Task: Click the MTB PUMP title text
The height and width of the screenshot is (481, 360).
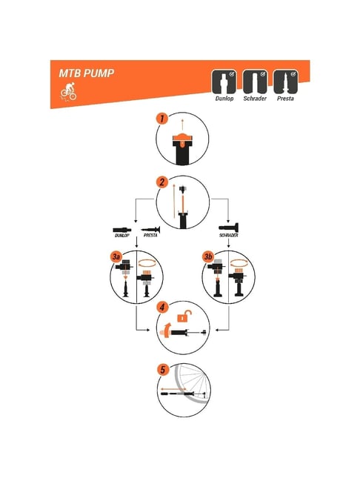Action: point(87,73)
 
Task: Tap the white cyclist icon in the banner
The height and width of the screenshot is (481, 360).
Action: point(68,91)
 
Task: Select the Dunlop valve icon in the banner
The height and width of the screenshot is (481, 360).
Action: point(224,82)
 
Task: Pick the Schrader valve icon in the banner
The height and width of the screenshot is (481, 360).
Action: point(255,82)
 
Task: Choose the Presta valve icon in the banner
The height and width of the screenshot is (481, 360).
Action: point(285,82)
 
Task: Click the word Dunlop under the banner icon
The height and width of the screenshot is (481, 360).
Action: point(224,99)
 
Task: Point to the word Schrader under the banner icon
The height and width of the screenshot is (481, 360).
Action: point(255,99)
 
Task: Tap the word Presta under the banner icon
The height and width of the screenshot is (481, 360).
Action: point(285,99)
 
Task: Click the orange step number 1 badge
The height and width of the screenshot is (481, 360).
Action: point(162,119)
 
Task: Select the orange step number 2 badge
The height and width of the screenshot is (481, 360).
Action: point(162,182)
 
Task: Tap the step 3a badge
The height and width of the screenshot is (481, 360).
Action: point(116,256)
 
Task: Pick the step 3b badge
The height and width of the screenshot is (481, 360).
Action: point(208,256)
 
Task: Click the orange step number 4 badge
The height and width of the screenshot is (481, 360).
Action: point(162,307)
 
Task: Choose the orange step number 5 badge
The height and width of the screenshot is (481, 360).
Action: point(162,370)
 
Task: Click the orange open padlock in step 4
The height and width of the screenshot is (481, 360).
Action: point(184,316)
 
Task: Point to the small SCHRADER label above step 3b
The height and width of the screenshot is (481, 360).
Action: point(228,235)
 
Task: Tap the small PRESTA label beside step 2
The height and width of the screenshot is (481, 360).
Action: point(150,235)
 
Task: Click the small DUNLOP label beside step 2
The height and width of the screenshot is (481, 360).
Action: point(121,235)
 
